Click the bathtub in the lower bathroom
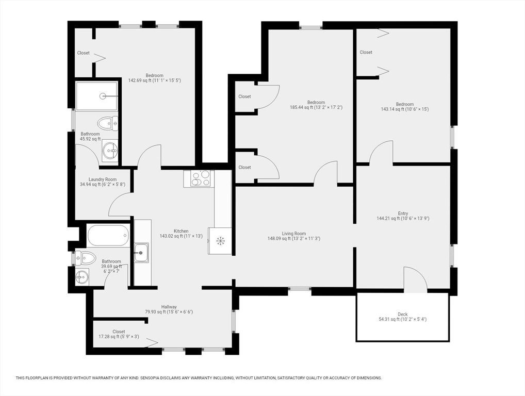(108, 236)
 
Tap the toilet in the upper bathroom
(108, 123)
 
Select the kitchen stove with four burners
(199, 178)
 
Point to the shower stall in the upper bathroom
(96, 96)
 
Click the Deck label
(402, 314)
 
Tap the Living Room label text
(293, 233)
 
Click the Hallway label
(161, 307)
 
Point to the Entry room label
(403, 213)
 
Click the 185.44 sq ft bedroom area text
(316, 108)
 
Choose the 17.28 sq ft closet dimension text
(119, 337)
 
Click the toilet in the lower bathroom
(85, 258)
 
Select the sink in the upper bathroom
(110, 151)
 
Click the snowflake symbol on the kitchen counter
(220, 240)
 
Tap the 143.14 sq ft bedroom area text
(404, 109)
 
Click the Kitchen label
(181, 231)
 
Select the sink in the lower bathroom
(81, 277)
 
